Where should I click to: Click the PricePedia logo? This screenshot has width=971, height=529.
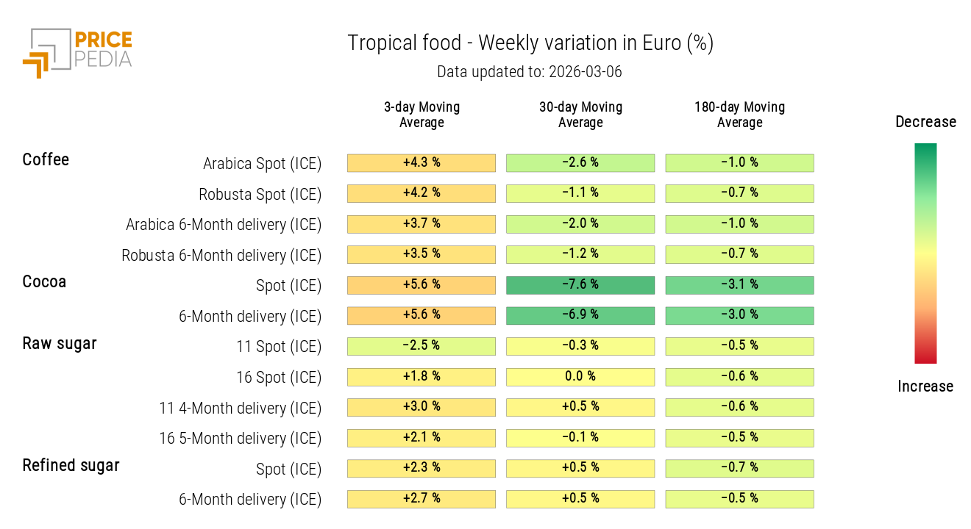(77, 52)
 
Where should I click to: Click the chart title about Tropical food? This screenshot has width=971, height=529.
(530, 43)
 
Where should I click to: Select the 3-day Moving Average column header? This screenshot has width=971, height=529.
(422, 115)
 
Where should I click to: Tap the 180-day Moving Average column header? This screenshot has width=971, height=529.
(739, 115)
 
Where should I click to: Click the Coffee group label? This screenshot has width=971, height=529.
(46, 159)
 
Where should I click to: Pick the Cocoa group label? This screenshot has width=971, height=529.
(44, 281)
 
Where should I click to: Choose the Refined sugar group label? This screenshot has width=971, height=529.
(71, 465)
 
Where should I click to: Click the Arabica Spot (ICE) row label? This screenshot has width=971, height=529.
(262, 164)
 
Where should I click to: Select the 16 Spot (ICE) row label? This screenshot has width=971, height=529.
(278, 378)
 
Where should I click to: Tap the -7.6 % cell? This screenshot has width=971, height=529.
(580, 285)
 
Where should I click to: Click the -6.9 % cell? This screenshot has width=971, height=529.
(580, 315)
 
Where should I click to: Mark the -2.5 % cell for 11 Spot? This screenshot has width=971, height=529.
(422, 346)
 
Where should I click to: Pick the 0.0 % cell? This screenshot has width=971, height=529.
(580, 377)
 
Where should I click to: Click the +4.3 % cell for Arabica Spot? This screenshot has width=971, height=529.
(422, 162)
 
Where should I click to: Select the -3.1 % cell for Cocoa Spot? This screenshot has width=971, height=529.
(739, 285)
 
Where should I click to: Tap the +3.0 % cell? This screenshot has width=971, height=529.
(422, 407)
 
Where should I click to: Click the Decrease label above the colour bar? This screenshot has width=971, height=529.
(925, 122)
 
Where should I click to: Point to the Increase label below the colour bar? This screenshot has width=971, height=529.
(925, 386)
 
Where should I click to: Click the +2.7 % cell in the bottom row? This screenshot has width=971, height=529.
(422, 499)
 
